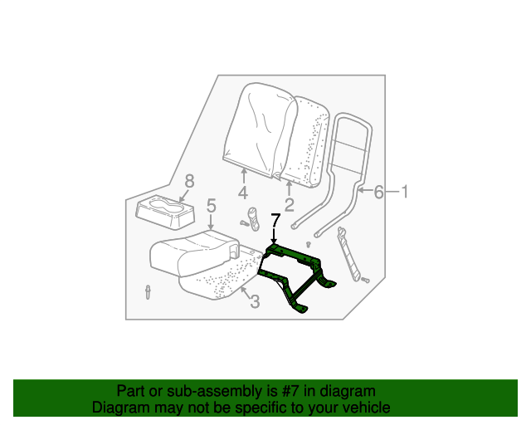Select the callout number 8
[x=189, y=182]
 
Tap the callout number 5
[x=211, y=206]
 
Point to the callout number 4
[x=244, y=193]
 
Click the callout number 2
[x=290, y=203]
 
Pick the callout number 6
[x=378, y=193]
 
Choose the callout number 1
[x=406, y=193]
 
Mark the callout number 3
[x=254, y=302]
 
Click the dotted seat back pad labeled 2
[x=310, y=141]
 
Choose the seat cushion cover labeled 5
[x=192, y=249]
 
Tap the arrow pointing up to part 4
[x=244, y=173]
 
